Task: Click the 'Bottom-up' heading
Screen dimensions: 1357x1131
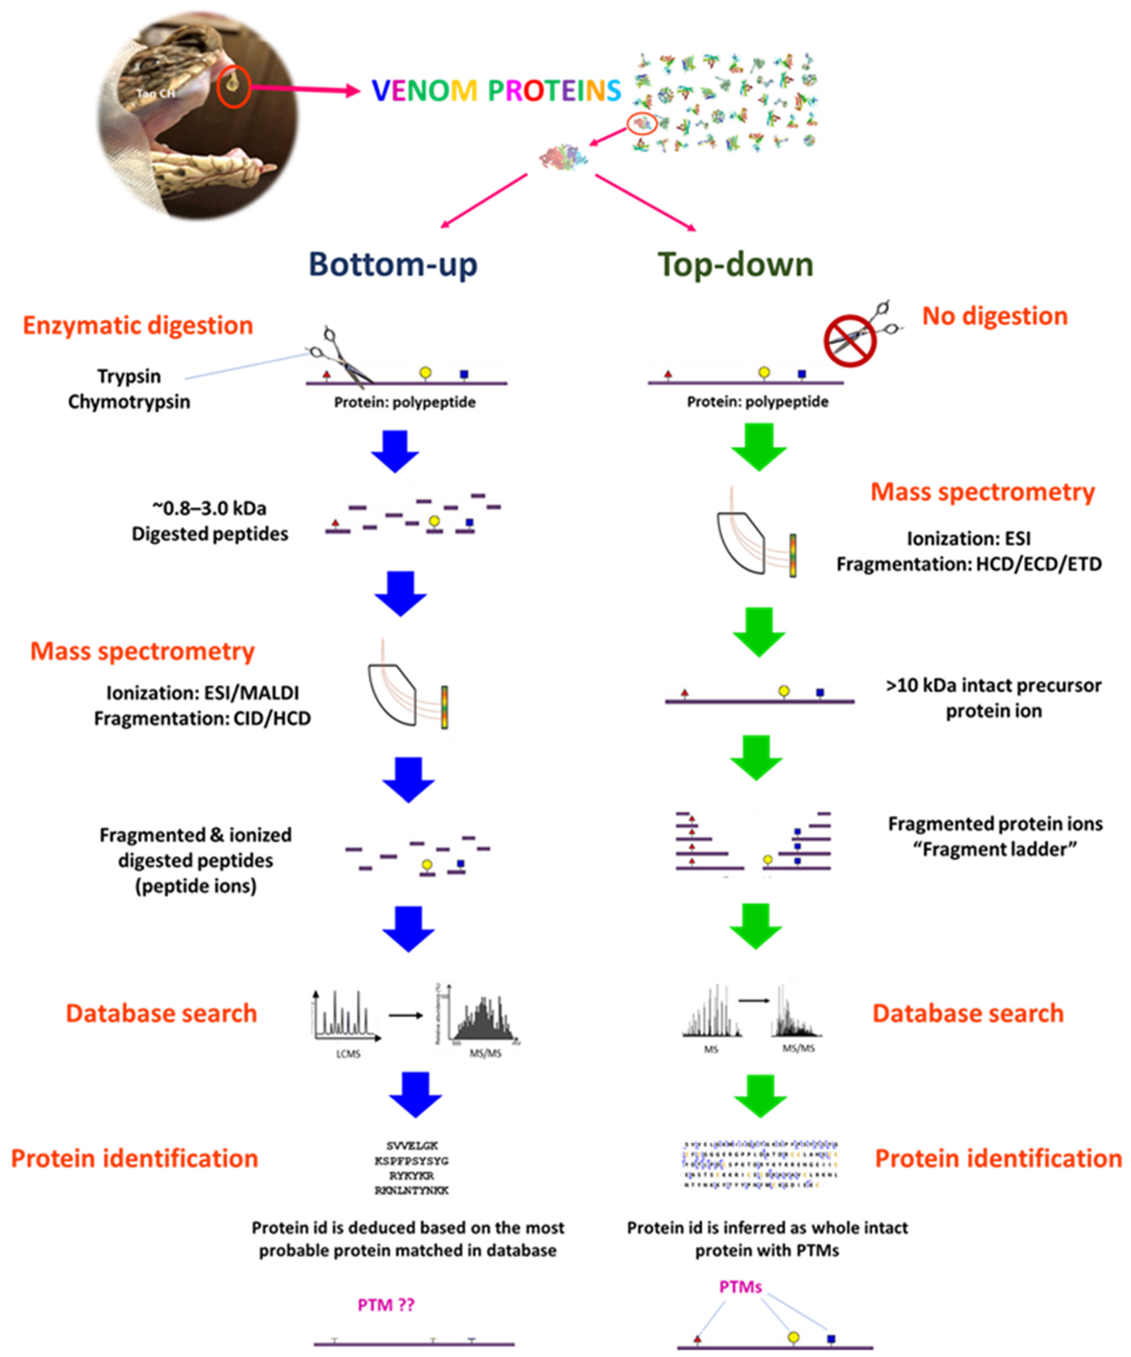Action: [x=393, y=264]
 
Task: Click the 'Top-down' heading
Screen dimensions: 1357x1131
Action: [x=735, y=264]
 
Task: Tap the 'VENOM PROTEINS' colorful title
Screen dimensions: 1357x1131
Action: [x=496, y=91]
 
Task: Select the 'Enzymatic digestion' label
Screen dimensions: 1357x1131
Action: [x=138, y=325]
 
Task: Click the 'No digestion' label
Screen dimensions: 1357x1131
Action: [x=995, y=316]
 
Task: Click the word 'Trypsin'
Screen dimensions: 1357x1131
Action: [x=129, y=376]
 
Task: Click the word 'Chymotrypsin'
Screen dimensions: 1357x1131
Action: [x=129, y=402]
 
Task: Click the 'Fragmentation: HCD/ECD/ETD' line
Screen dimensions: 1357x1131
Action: [x=969, y=564]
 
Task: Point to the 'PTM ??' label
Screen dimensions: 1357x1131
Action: [x=386, y=1305]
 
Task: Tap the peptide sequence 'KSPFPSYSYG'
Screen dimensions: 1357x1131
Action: [x=412, y=1161]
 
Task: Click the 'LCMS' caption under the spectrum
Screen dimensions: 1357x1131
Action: [x=348, y=1054]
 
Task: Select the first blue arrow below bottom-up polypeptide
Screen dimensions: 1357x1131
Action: [x=395, y=451]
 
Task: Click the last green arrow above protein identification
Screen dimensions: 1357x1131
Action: [x=760, y=1096]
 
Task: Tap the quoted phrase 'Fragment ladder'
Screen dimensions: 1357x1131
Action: [x=995, y=849]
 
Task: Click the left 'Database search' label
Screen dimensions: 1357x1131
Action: [x=162, y=1013]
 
